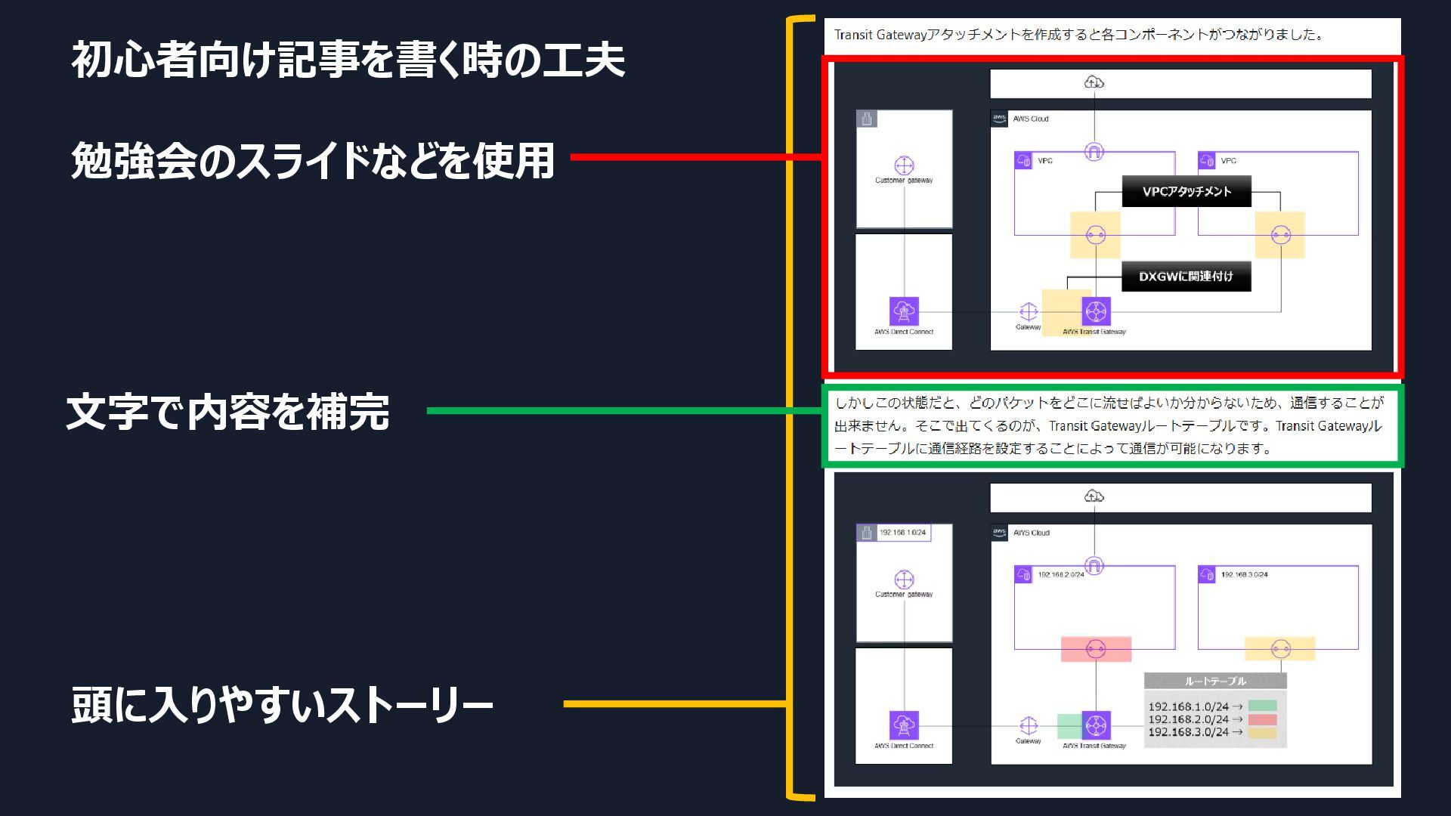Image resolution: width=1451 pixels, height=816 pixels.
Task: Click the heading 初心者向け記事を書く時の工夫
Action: click(x=348, y=60)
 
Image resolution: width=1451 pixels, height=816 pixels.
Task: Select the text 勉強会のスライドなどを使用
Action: click(x=313, y=160)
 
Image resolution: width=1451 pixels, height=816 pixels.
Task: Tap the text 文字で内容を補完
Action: click(x=228, y=412)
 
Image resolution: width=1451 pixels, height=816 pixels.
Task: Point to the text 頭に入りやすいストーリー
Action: click(x=282, y=704)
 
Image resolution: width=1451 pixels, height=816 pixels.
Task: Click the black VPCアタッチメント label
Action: click(x=1186, y=191)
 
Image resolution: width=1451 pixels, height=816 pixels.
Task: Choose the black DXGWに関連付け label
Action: click(x=1186, y=277)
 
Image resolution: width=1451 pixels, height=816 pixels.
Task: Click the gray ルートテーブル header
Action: click(x=1215, y=681)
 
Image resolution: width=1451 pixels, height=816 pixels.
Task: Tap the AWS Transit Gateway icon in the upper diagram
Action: click(x=1096, y=311)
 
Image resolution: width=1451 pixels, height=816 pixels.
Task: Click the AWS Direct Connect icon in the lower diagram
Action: click(x=904, y=725)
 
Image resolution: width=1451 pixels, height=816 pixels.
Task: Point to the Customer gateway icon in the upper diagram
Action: click(x=904, y=165)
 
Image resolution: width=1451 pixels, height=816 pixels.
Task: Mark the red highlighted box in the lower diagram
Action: click(x=1096, y=649)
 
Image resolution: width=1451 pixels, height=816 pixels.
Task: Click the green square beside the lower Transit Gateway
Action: click(x=1069, y=726)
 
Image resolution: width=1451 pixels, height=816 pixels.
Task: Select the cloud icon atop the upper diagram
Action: click(x=1094, y=82)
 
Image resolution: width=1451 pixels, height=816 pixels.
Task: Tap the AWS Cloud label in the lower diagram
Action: click(x=1031, y=533)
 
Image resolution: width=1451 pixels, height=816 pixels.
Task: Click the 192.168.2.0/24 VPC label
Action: click(x=1060, y=575)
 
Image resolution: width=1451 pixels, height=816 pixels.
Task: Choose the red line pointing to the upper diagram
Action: click(x=695, y=157)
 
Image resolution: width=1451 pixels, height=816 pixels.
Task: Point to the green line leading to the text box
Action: click(x=623, y=411)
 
